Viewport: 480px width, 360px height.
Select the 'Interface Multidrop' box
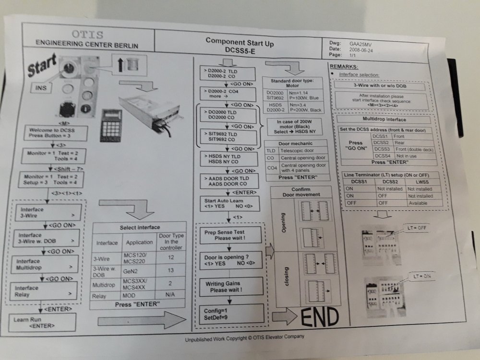(47, 264)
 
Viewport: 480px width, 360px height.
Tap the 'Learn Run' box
(42, 322)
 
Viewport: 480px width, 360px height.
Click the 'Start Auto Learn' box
(228, 204)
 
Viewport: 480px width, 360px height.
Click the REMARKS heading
(344, 66)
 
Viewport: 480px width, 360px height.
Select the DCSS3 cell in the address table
(382, 149)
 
